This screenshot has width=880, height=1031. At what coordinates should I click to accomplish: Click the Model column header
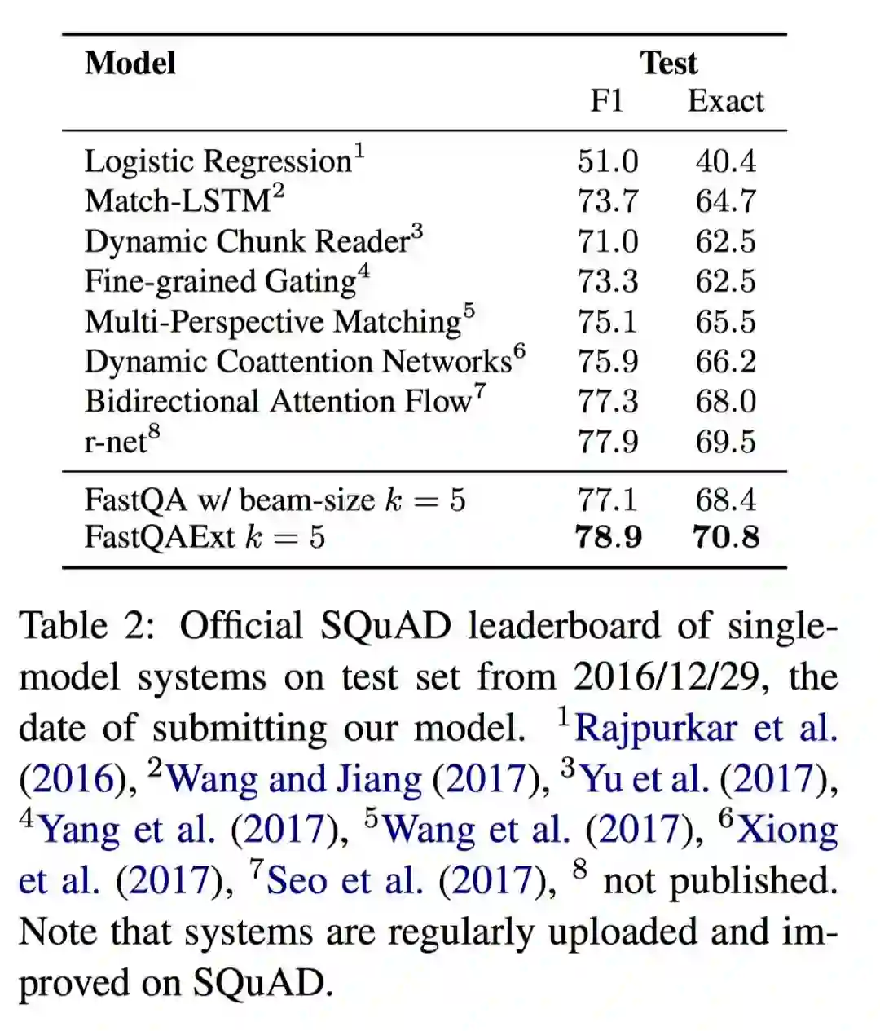click(x=130, y=64)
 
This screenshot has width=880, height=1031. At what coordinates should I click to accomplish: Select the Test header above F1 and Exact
click(x=668, y=64)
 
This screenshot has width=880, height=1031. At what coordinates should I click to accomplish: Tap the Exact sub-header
click(x=725, y=101)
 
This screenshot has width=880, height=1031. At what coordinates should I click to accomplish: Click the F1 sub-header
click(x=607, y=101)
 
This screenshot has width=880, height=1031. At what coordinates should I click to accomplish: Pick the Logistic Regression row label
click(x=218, y=161)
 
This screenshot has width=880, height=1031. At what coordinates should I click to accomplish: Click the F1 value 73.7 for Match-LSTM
click(x=608, y=201)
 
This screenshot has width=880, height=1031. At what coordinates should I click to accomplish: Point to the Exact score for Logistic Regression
click(x=725, y=161)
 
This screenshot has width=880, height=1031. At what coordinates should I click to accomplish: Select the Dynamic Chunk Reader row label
click(x=247, y=241)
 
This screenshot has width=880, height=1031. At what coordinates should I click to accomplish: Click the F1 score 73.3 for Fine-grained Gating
click(x=608, y=281)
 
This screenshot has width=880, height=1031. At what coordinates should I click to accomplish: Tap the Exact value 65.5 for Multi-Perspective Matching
click(x=725, y=321)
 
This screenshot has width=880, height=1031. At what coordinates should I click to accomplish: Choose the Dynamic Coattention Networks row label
click(x=298, y=361)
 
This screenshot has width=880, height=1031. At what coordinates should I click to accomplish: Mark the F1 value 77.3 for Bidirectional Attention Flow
click(x=608, y=401)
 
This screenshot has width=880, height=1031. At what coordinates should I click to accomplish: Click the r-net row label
click(x=116, y=442)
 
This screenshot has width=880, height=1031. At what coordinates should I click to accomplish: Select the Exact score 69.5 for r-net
click(x=725, y=442)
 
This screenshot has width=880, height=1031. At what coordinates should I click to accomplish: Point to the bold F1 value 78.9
click(x=608, y=537)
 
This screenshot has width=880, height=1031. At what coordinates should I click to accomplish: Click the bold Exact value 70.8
click(x=725, y=537)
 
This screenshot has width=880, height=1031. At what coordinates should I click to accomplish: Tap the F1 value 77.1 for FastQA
click(x=608, y=500)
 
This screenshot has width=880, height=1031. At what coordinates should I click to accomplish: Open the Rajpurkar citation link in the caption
click(x=706, y=728)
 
